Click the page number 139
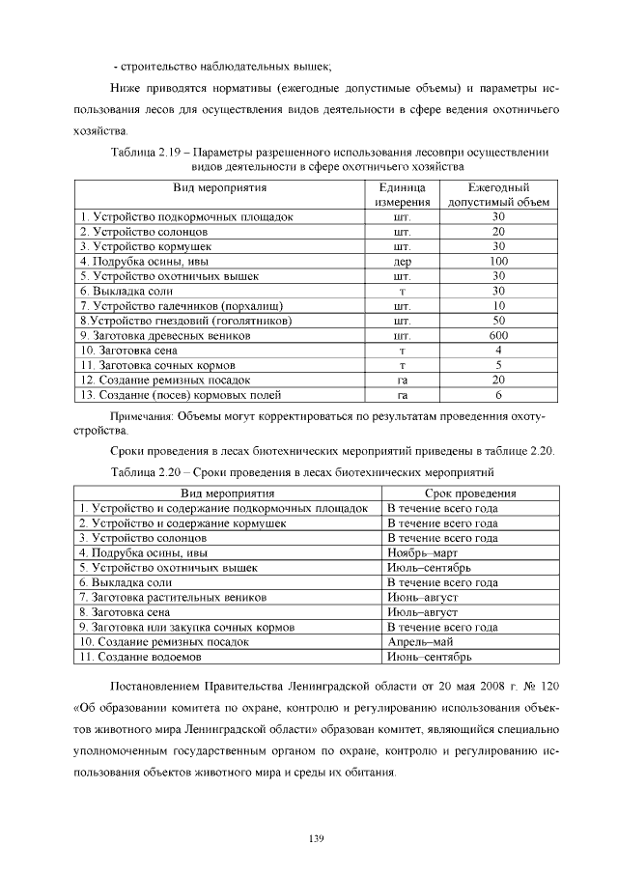click(x=315, y=836)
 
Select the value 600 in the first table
click(x=498, y=335)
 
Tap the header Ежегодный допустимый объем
click(x=498, y=194)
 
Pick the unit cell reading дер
click(x=403, y=261)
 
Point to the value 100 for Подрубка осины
click(x=498, y=261)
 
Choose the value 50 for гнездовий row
click(x=498, y=320)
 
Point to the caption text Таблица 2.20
click(x=145, y=472)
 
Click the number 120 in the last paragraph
click(x=549, y=686)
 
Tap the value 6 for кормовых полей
click(x=498, y=394)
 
